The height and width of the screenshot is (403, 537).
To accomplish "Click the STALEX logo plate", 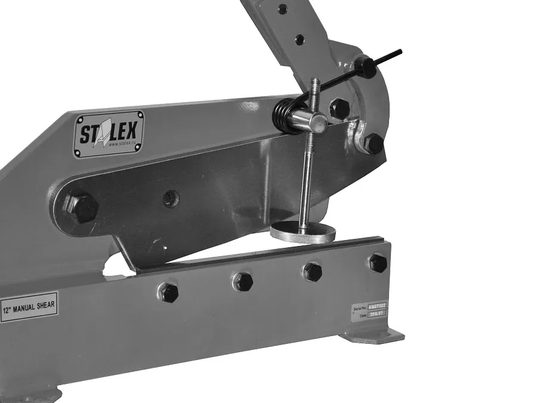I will [x=109, y=134].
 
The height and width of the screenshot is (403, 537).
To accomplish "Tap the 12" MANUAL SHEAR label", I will [x=29, y=307].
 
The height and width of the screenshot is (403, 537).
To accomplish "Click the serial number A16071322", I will [x=378, y=304].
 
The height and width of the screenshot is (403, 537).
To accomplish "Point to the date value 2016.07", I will [x=377, y=313].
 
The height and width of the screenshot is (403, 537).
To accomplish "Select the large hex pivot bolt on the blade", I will [x=82, y=208].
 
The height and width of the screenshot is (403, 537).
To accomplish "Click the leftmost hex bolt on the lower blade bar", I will [x=169, y=292].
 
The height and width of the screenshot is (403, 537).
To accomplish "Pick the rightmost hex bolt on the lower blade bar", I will [x=378, y=262].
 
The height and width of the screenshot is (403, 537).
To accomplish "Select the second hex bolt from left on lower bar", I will [x=242, y=281].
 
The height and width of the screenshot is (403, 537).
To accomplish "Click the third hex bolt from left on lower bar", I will [x=312, y=272].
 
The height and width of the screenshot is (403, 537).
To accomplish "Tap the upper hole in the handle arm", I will [x=282, y=9].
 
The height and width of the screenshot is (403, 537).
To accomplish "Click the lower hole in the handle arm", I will [x=299, y=39].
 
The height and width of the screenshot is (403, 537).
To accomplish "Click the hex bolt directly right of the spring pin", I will [x=340, y=108].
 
